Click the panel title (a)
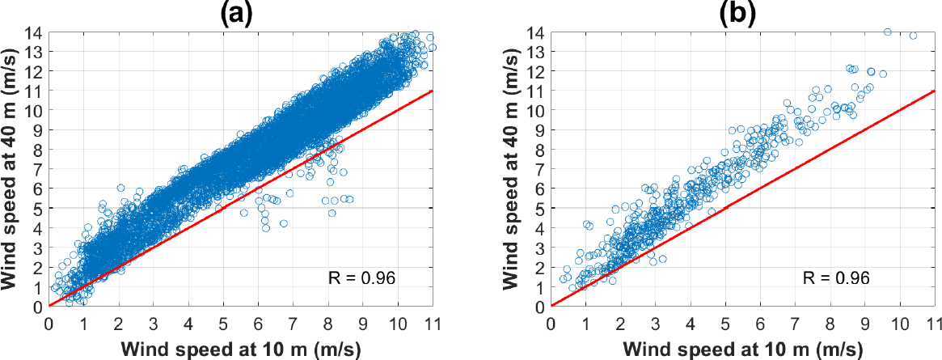click(x=239, y=14)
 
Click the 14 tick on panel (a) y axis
click(x=33, y=32)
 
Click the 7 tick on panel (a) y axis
click(x=37, y=169)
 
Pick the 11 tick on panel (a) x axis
click(x=433, y=321)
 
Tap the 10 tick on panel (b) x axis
click(x=899, y=321)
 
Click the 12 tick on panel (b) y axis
click(x=534, y=71)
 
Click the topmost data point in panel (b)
click(x=887, y=32)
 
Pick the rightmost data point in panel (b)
click(x=913, y=36)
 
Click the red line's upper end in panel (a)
click(x=433, y=91)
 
